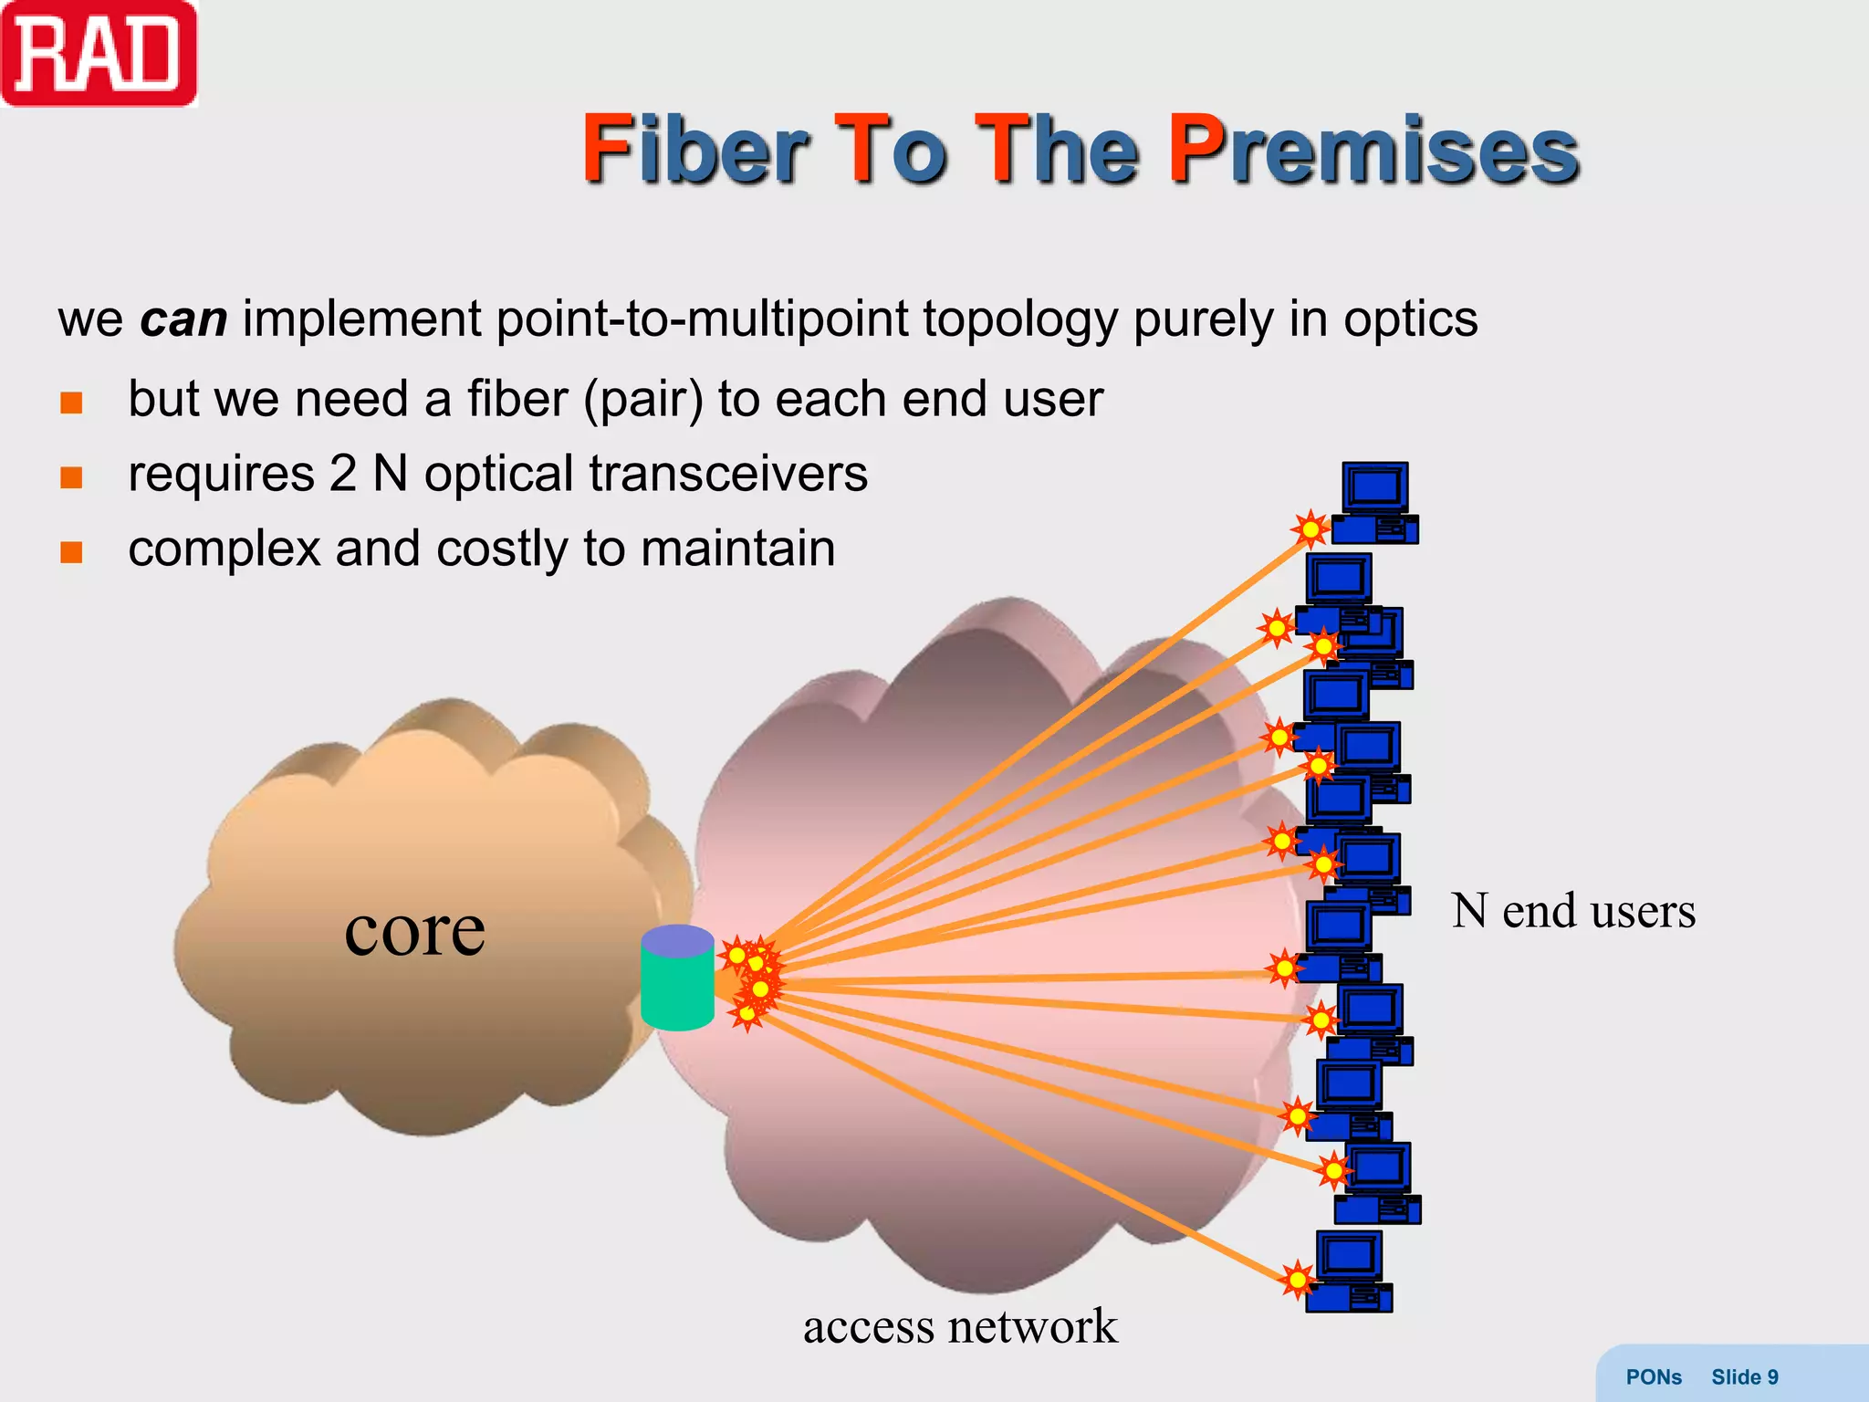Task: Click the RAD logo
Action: [99, 53]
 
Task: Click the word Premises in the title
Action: [1373, 151]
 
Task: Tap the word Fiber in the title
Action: [694, 151]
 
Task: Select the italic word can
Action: [183, 320]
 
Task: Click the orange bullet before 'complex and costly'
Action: [71, 551]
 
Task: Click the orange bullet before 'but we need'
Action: [71, 402]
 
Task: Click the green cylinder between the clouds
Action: [677, 978]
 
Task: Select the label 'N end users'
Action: [1572, 911]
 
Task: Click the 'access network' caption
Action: [960, 1326]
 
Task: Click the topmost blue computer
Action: [1375, 502]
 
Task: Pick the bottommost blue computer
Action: [1350, 1271]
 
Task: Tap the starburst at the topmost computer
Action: [1310, 528]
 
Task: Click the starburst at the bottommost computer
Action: [1297, 1280]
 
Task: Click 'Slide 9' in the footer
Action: [1744, 1377]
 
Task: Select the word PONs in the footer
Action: [1654, 1377]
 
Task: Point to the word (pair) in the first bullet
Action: [643, 400]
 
